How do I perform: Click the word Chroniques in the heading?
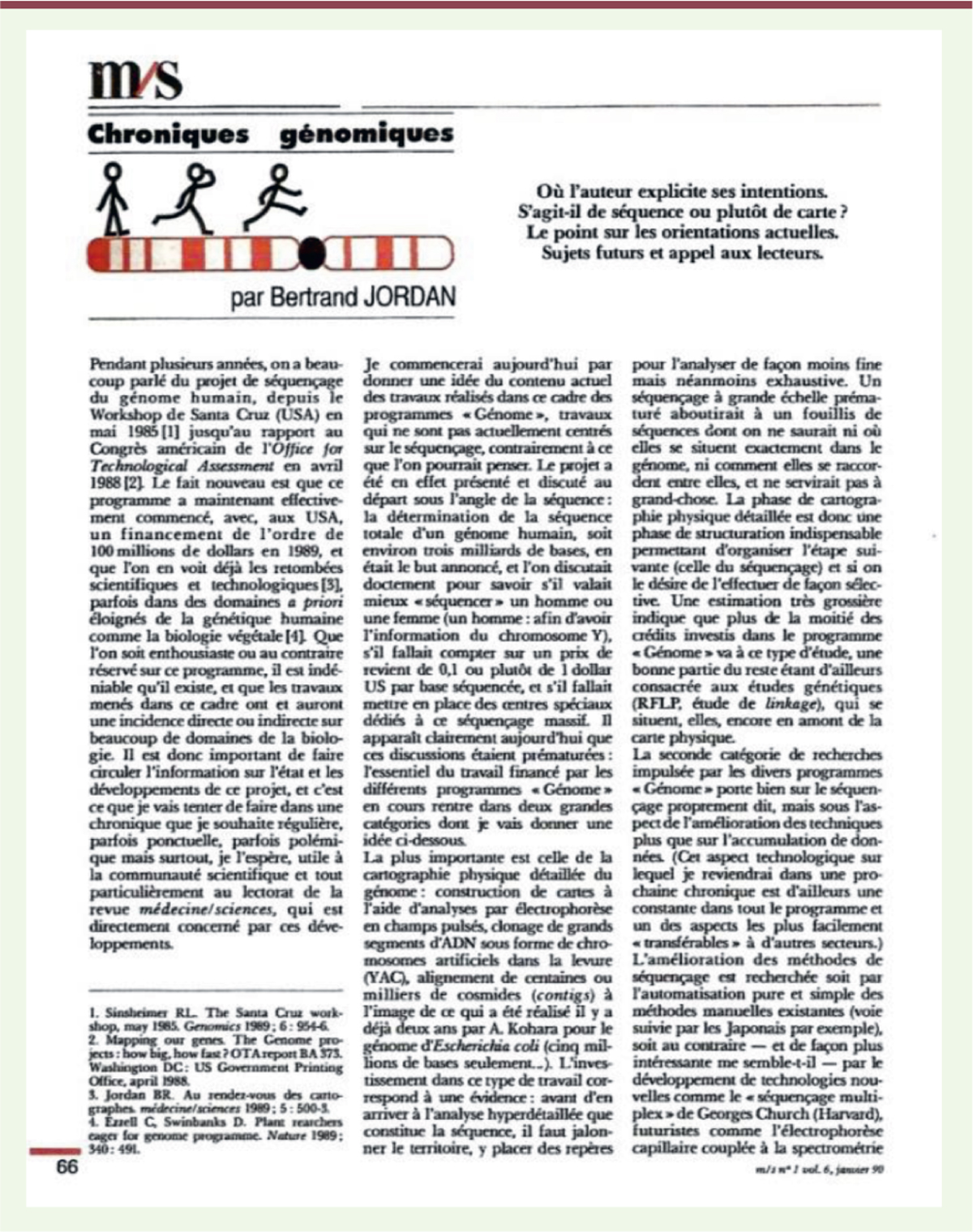[x=169, y=134]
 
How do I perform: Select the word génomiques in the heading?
[x=366, y=134]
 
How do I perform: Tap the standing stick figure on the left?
[x=113, y=198]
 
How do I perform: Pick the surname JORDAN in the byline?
[x=408, y=297]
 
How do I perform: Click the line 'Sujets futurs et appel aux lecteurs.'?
[x=682, y=252]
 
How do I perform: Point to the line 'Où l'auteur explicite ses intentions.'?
[x=682, y=192]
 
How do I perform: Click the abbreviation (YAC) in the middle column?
[x=380, y=977]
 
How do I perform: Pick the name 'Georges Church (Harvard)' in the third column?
[x=795, y=1113]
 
